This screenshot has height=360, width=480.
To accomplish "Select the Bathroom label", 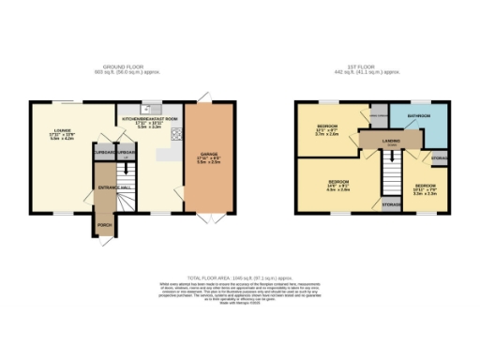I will tap(418, 116).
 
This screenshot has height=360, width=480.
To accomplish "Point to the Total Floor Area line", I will tap(240, 278).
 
